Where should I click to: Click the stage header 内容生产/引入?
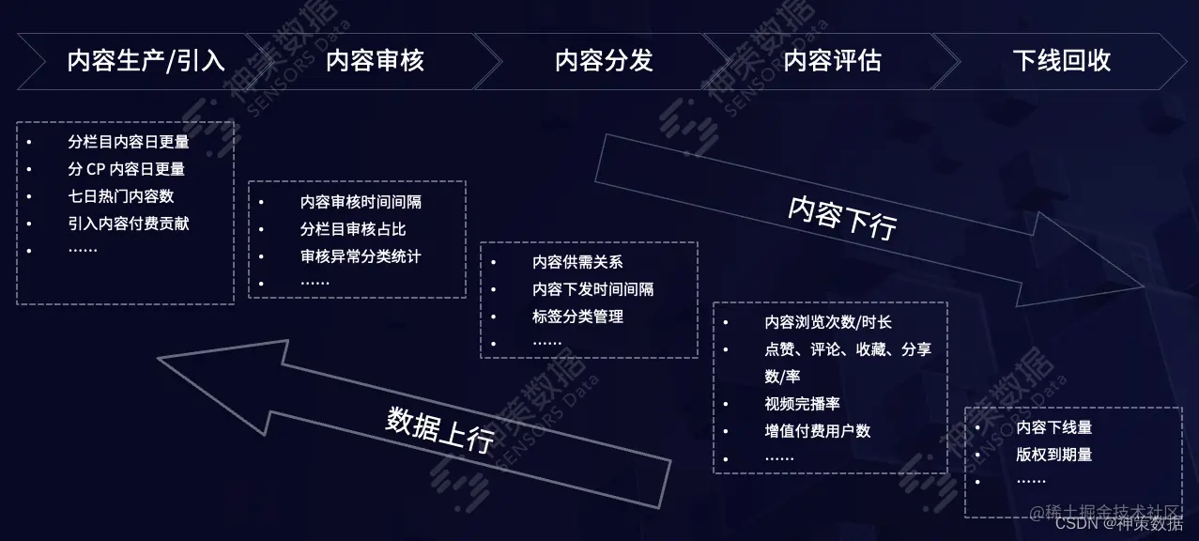tap(146, 62)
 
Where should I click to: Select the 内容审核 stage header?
tap(375, 62)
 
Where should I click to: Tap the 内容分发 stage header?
tap(604, 62)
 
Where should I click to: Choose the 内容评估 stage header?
tap(833, 62)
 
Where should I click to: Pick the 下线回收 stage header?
tap(1062, 62)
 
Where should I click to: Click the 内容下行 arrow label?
tap(842, 217)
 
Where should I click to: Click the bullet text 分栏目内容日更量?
tap(129, 143)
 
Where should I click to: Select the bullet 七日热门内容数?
tap(121, 196)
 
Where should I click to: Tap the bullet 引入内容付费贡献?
tap(129, 224)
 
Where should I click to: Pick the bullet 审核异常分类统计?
tap(361, 255)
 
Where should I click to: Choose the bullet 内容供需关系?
tap(577, 263)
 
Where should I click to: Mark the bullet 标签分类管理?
tap(577, 317)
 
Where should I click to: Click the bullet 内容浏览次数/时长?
tap(828, 322)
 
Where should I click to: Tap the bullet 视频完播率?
tap(802, 404)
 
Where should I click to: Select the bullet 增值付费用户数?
tap(817, 431)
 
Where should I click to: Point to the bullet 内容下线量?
tap(1054, 427)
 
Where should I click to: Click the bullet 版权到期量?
tap(1054, 455)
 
